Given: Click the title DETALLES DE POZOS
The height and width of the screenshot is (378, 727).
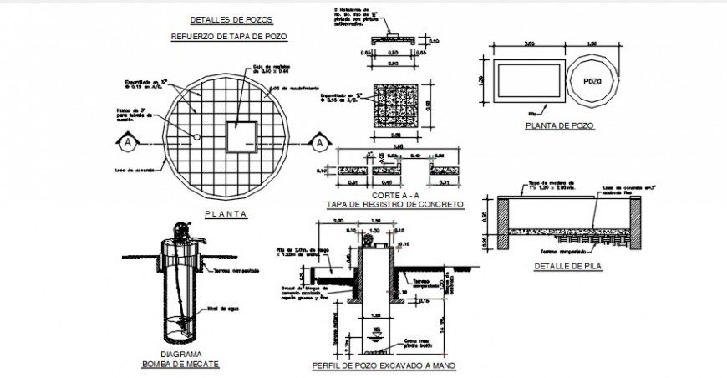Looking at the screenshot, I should click(x=231, y=19).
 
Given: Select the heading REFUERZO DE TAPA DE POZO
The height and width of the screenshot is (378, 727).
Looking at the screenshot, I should click(x=231, y=37).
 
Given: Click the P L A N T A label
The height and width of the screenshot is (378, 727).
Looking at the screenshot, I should click(x=226, y=214).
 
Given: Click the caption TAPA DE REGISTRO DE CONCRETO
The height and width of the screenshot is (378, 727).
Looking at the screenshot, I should click(x=394, y=204).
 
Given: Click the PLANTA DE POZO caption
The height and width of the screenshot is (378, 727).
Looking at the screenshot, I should click(x=559, y=126).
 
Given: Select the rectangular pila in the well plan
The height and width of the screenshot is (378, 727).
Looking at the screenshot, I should click(x=525, y=82).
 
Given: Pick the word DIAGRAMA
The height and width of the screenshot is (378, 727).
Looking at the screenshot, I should click(x=180, y=354).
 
